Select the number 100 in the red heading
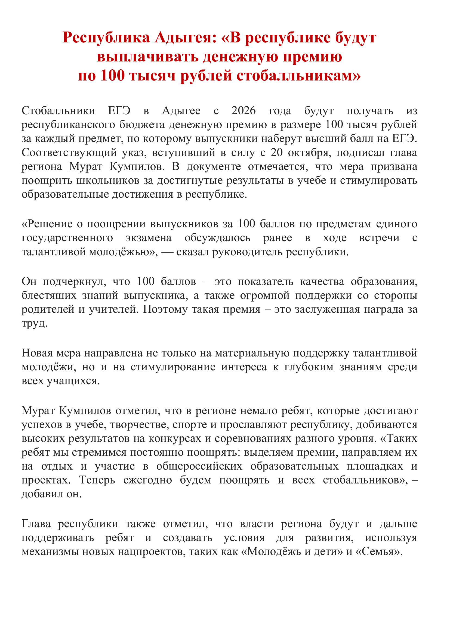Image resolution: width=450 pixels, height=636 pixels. (113, 75)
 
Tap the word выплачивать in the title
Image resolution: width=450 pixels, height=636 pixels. (147, 57)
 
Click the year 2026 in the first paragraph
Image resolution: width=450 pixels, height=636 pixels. (244, 110)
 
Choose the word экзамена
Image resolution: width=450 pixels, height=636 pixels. (148, 238)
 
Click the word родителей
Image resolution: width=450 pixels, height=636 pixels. (48, 309)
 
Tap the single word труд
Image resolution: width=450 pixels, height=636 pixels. (34, 323)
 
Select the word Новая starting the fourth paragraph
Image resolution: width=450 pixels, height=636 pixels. (37, 353)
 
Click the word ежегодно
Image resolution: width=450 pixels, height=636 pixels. (148, 480)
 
